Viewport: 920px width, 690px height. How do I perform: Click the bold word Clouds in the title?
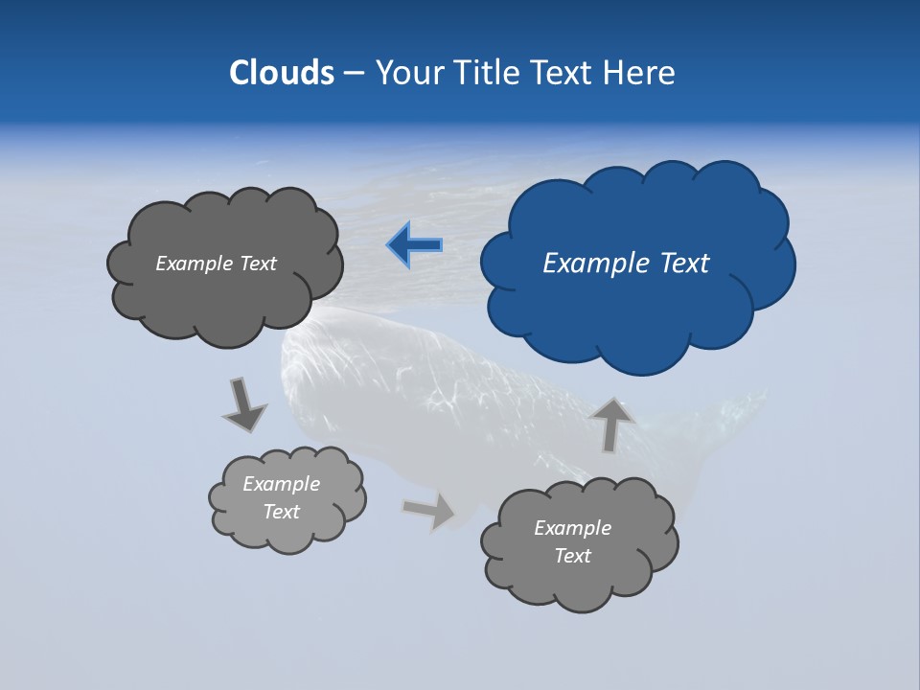(x=281, y=73)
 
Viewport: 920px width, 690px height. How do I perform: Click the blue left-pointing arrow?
(x=414, y=245)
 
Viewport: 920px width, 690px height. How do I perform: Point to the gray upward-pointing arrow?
(x=611, y=422)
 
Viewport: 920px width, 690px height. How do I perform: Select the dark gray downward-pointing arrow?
(x=245, y=404)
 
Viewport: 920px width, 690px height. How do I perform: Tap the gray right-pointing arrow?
(x=428, y=510)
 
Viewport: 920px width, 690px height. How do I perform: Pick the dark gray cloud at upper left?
(x=225, y=297)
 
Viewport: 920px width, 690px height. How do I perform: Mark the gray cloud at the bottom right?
(x=580, y=575)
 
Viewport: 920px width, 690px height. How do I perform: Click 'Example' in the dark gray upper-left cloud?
(x=193, y=264)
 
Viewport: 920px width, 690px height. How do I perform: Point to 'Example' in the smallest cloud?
(x=281, y=484)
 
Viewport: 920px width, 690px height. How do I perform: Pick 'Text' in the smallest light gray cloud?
(x=281, y=512)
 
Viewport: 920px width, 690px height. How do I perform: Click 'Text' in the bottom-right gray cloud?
(x=572, y=556)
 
